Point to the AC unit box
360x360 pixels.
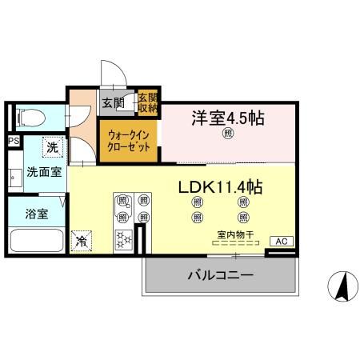[x=281, y=240]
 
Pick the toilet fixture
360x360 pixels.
[x=28, y=118]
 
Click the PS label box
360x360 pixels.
[x=13, y=142]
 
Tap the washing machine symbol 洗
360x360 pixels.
[x=51, y=147]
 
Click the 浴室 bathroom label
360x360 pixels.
[x=37, y=214]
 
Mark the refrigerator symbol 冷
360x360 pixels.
[x=81, y=238]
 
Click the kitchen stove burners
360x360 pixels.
[x=125, y=238]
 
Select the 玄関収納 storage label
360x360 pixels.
[x=148, y=101]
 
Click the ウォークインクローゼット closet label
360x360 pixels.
[x=128, y=141]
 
